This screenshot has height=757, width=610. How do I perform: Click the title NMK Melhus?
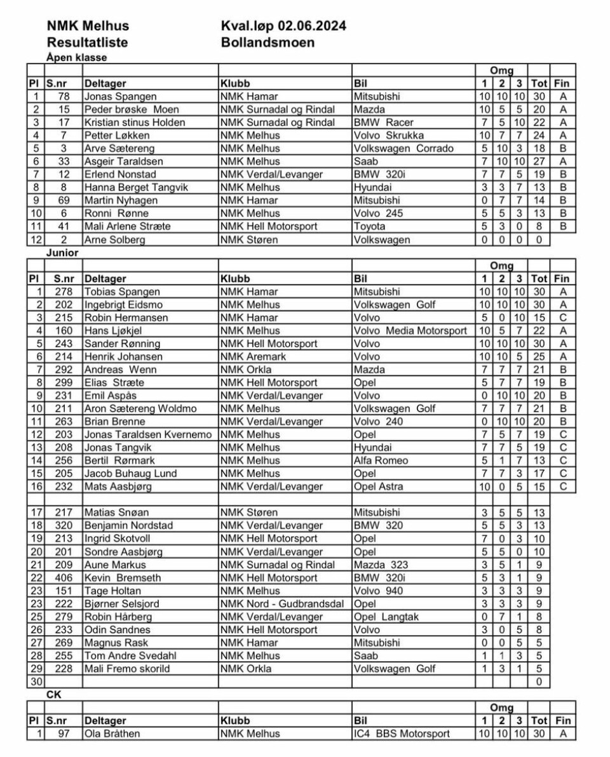pos(88,26)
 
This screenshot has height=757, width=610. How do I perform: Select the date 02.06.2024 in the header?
pos(311,26)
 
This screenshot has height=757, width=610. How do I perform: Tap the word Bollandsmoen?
pos(268,43)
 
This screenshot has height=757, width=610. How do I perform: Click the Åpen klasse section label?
pos(76,57)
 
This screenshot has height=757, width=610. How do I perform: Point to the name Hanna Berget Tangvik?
pos(134,188)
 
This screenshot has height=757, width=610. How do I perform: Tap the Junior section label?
pos(62,253)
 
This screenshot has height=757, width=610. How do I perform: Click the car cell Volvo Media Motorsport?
pos(410,331)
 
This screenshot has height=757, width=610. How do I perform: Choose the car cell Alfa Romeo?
pos(381,460)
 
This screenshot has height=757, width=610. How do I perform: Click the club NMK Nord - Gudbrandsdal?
pos(283,604)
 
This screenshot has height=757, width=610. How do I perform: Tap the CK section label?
pos(54,695)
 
